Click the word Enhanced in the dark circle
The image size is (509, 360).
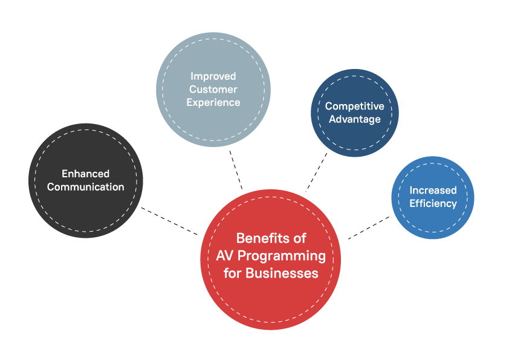85,174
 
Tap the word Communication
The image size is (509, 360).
85,187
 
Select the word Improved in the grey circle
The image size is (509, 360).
213,76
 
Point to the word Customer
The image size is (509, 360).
213,90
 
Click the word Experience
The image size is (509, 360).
213,102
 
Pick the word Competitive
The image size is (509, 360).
354,106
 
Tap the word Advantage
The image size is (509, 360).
354,119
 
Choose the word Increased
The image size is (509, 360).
433,191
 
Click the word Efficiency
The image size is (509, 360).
433,203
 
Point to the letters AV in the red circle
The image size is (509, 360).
225,255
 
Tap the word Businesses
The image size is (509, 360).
282,273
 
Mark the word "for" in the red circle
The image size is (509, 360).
232,273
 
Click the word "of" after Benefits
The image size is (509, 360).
299,238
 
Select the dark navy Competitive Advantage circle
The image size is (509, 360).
354,139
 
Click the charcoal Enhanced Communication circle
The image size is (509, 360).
85,212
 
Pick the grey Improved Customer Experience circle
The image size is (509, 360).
213,127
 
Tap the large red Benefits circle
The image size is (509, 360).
270,303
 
